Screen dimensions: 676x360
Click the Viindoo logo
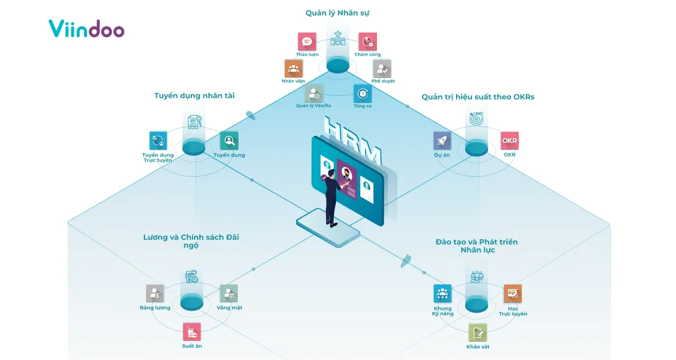tap(87, 29)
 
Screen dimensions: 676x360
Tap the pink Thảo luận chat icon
tap(307, 42)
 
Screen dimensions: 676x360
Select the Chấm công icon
tap(368, 42)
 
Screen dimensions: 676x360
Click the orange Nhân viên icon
tap(293, 69)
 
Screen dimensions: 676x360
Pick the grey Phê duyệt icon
tap(382, 69)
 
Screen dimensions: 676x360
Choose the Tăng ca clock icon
tap(363, 93)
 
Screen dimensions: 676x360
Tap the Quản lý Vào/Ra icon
tap(314, 93)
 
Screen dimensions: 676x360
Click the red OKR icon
tap(510, 140)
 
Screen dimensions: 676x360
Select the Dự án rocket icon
tap(442, 140)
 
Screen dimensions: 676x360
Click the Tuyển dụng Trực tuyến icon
tap(158, 140)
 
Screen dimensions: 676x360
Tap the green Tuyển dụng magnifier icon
tap(229, 140)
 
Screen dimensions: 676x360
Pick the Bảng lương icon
tap(155, 294)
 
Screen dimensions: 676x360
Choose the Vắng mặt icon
tap(229, 294)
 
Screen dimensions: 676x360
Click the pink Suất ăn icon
tap(192, 332)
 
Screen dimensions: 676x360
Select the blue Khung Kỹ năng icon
tap(442, 294)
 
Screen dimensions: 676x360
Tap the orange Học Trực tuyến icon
tap(513, 294)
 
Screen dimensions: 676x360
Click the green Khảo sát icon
tap(478, 332)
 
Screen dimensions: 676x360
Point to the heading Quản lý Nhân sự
tap(337, 13)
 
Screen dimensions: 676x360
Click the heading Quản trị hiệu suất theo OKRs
tap(478, 97)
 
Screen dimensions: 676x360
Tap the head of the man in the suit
tap(331, 174)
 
